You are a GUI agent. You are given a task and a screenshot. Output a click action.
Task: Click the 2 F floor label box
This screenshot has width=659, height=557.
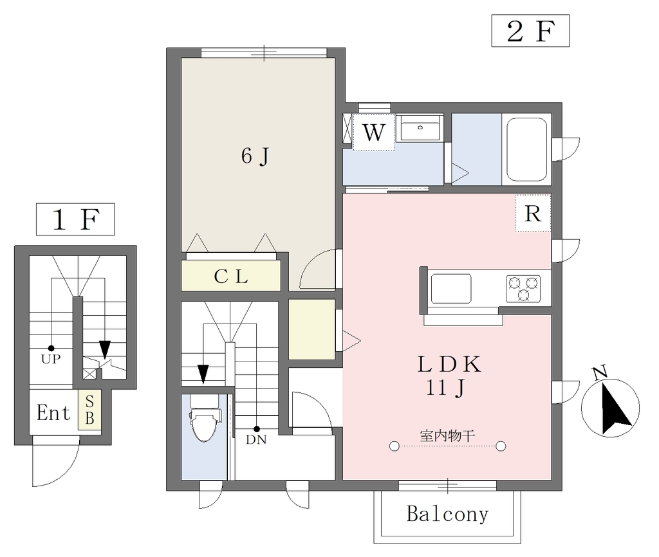(530, 31)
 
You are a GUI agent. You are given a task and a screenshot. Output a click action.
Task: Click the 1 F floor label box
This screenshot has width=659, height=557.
(75, 219)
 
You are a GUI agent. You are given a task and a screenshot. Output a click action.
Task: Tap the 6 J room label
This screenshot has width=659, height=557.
(255, 156)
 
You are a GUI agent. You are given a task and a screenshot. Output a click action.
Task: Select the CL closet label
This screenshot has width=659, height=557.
(231, 276)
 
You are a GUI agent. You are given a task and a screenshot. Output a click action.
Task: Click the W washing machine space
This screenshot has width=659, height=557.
(374, 132)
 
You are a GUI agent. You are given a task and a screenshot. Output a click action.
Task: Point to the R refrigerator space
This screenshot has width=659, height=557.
(533, 213)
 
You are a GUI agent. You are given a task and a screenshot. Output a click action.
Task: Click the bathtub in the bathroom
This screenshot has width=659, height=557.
(526, 149)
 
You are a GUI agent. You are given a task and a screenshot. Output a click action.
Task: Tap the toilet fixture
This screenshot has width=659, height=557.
(205, 417)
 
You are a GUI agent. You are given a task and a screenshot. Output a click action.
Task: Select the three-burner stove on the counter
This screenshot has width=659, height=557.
(523, 288)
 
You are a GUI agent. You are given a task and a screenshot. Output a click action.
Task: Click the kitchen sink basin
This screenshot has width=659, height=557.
(451, 289)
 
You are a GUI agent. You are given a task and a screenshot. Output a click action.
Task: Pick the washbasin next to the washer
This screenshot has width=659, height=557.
(420, 128)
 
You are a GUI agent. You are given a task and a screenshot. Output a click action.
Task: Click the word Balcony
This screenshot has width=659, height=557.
(448, 514)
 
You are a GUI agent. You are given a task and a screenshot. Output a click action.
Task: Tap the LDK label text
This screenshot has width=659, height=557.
(449, 364)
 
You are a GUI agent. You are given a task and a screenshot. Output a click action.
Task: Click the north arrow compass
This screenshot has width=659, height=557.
(610, 407)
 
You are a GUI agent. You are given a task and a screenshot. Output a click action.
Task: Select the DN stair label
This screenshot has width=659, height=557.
(256, 439)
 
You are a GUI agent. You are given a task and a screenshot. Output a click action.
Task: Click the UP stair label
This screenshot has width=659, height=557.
(51, 359)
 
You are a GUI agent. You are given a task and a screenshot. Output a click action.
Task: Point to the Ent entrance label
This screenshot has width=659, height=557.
(53, 412)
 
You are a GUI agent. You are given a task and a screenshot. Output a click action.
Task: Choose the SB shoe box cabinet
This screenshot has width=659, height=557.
(89, 410)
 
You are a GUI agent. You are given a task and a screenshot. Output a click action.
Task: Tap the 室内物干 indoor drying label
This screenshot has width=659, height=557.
(448, 435)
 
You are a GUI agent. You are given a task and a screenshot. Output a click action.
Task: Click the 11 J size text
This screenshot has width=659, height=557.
(445, 387)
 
